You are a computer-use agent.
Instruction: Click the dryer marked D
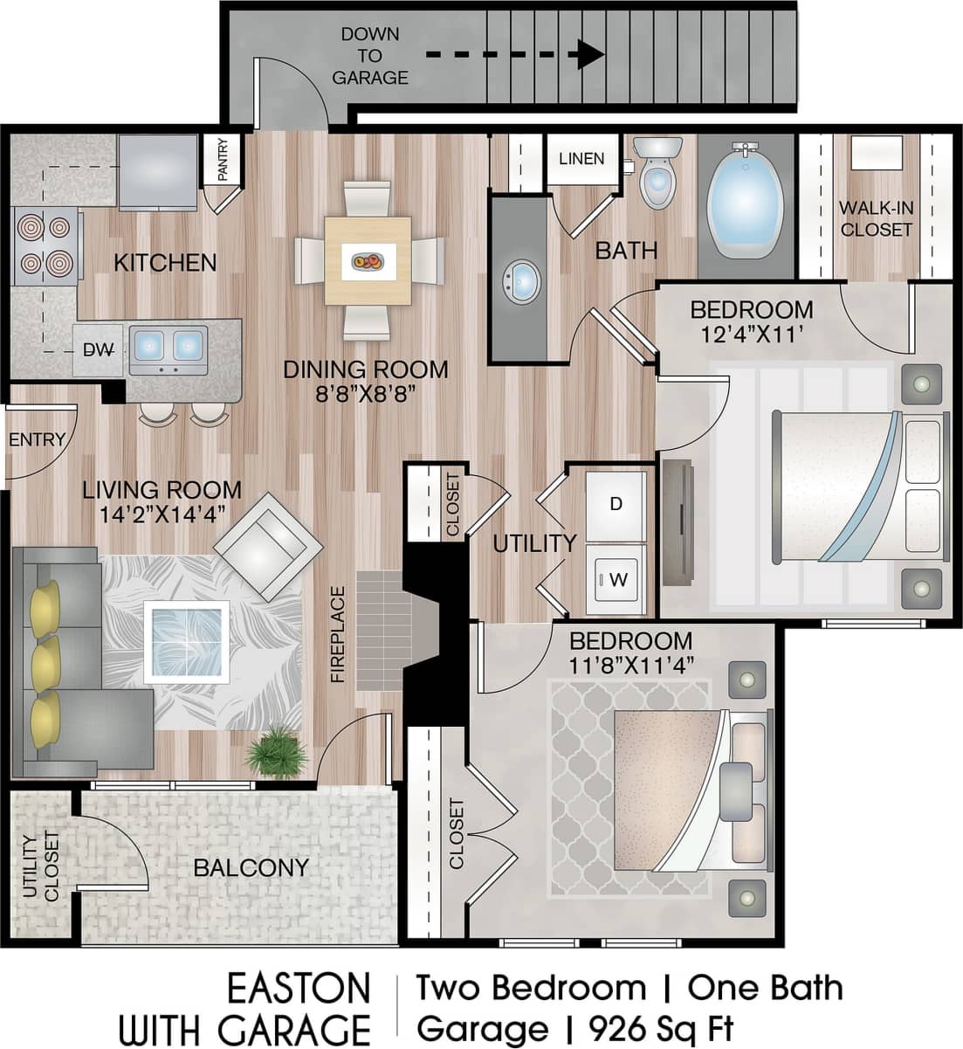(x=616, y=504)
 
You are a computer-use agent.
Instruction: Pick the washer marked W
(x=616, y=578)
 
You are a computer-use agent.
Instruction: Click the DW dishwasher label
(x=98, y=350)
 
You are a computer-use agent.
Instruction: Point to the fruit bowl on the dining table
(x=368, y=260)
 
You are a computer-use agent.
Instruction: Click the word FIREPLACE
(x=339, y=634)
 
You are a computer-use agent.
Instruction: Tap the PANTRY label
(x=222, y=160)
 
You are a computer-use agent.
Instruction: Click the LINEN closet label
(x=581, y=158)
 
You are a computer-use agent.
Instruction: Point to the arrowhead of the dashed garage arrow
(x=591, y=54)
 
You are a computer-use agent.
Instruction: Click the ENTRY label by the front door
(x=37, y=439)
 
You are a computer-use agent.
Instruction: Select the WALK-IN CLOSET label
(x=876, y=218)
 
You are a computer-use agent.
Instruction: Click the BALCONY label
(x=251, y=867)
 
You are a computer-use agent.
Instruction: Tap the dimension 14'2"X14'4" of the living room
(x=162, y=514)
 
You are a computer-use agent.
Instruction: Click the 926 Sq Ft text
(x=662, y=1027)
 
